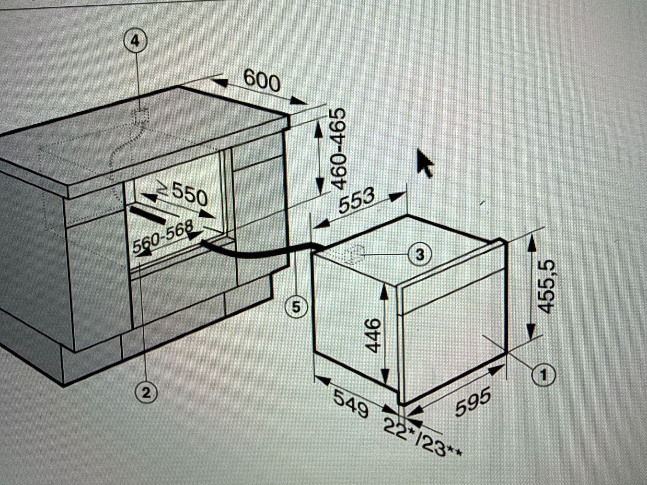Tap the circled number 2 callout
point(146,393)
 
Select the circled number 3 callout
point(420,254)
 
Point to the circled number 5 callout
point(296,308)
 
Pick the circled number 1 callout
point(543,375)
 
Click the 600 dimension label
point(262,81)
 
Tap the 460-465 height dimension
point(338,149)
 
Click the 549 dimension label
point(351,403)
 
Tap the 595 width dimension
point(473,401)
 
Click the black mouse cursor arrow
point(425,163)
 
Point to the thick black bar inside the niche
point(147,214)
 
